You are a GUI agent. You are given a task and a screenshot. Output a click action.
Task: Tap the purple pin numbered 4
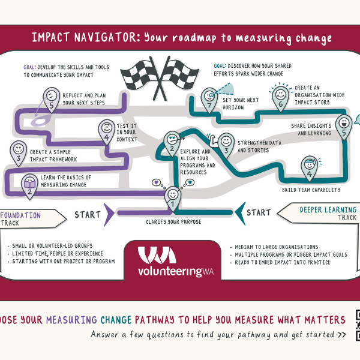coord(107,132)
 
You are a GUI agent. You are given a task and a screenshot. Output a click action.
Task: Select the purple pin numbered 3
coord(19,152)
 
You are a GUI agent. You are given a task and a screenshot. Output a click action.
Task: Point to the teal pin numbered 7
coord(210,97)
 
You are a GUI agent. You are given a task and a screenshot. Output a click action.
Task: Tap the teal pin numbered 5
coord(343,126)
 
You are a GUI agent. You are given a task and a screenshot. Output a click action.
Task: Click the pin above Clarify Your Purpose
coord(172,197)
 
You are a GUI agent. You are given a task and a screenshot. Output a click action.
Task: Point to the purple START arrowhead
coord(110,213)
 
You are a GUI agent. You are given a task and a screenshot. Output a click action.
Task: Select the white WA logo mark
coord(157,256)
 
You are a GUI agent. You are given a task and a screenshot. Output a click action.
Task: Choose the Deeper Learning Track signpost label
coord(324,213)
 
